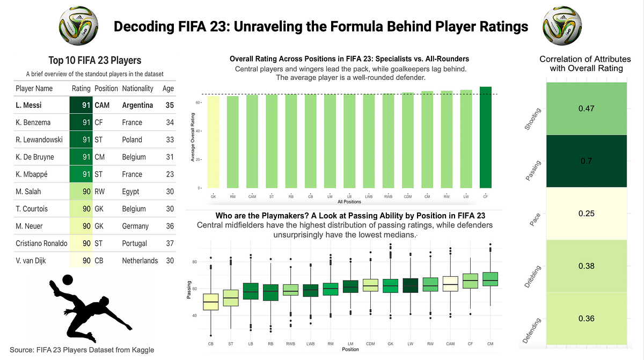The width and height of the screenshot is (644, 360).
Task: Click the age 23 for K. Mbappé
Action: tap(170, 174)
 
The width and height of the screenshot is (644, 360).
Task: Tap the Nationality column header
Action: tap(138, 89)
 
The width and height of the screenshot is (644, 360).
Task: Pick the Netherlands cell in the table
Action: tap(140, 261)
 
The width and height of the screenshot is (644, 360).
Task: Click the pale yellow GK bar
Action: tap(213, 142)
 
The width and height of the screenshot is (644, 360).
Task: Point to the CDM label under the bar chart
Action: tap(408, 196)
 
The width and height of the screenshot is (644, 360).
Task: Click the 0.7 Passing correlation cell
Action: tap(586, 161)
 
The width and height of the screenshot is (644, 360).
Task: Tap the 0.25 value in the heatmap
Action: tap(586, 214)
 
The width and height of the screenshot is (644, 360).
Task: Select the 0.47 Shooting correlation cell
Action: tap(586, 108)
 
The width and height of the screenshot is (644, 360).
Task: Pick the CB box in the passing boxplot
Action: tap(210, 302)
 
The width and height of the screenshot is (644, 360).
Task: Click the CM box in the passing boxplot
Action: tap(490, 279)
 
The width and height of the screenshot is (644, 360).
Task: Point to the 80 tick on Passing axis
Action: tap(194, 262)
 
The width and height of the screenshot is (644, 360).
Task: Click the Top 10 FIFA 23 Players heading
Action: tap(94, 61)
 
